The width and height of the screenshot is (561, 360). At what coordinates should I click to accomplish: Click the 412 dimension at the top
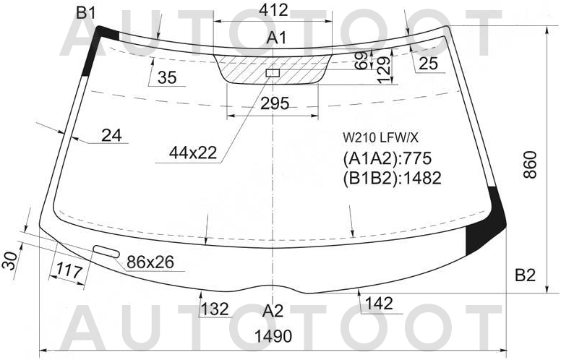point(273,10)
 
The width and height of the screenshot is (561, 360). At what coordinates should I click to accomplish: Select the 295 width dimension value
point(275,103)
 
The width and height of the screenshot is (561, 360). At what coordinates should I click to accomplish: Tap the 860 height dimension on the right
point(530,164)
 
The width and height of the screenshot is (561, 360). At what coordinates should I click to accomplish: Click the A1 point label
point(277,38)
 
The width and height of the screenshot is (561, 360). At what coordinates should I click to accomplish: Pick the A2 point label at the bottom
point(273,311)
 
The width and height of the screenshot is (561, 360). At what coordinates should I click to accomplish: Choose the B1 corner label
point(86,13)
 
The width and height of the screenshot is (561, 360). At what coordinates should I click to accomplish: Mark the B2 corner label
point(526,275)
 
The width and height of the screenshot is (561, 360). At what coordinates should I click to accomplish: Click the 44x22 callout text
point(193,153)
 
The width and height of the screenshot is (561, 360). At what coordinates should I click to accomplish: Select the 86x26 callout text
point(150,262)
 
